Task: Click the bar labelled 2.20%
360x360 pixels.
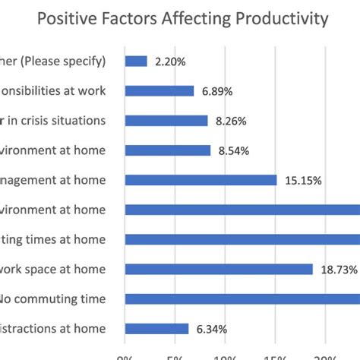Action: click(136, 61)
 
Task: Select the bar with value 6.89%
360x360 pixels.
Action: click(159, 90)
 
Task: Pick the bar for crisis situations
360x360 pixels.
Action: click(166, 120)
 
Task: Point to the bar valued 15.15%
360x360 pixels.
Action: click(201, 180)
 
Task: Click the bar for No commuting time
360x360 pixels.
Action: click(242, 298)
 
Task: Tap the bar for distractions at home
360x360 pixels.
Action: click(156, 328)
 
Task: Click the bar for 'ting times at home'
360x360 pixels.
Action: click(242, 239)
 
